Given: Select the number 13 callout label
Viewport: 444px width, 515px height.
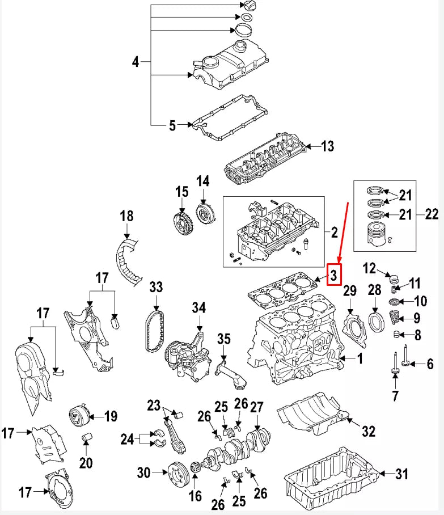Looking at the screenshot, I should point(327,146).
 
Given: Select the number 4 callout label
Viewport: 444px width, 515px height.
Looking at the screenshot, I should point(136,61).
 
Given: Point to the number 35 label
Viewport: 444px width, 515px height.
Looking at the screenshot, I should point(224,339).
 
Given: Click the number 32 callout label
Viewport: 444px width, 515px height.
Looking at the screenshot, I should point(369,432).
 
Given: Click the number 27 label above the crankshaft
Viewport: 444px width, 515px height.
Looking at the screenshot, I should point(257,407).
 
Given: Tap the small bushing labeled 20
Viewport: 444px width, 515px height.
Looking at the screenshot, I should point(87,438).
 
